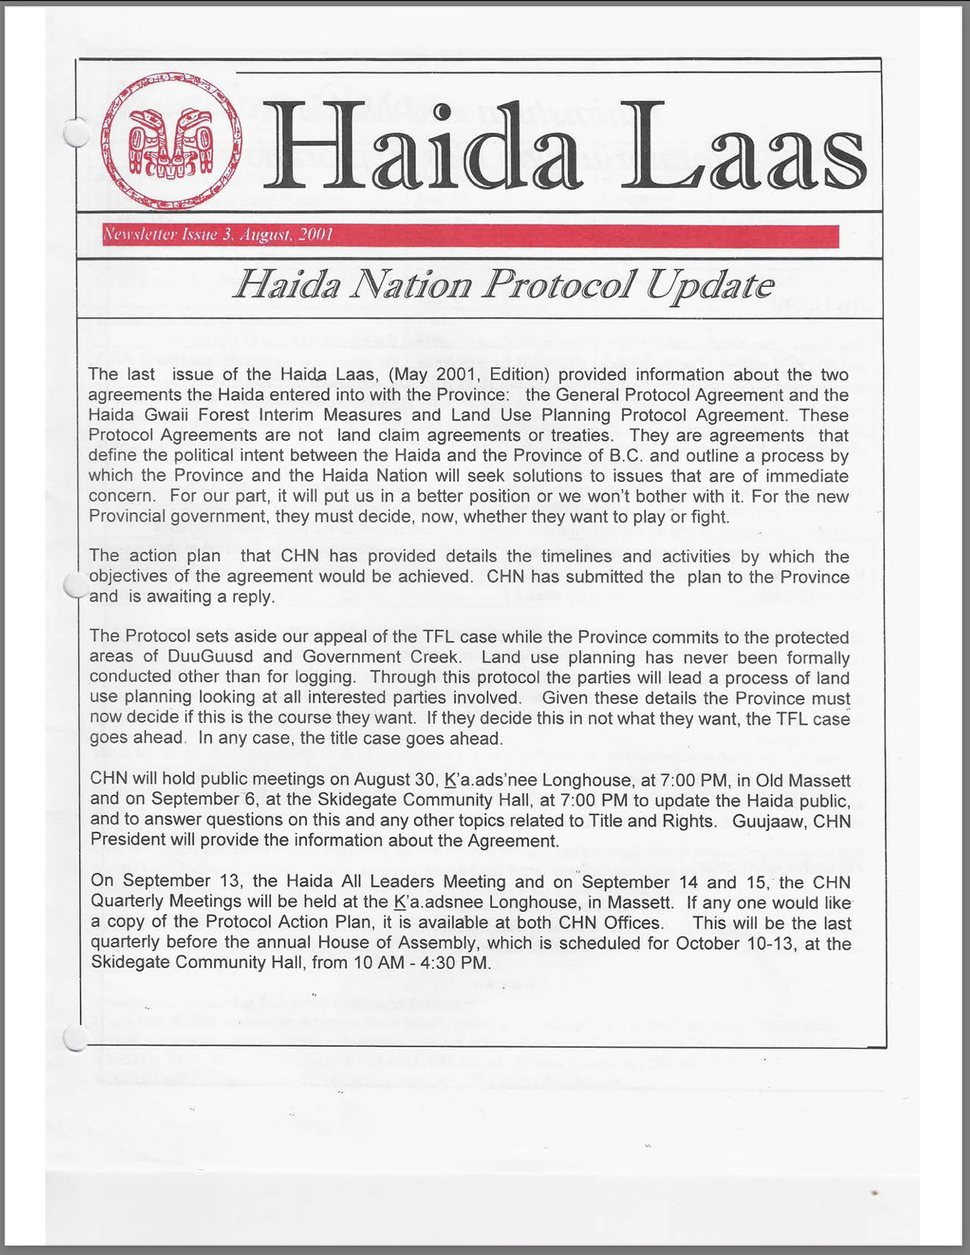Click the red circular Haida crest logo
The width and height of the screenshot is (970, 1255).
[x=172, y=142]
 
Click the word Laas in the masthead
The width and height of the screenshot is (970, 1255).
[x=750, y=148]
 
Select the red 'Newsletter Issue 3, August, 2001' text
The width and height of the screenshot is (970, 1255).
[x=218, y=235]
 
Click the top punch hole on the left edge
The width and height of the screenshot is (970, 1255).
[x=76, y=133]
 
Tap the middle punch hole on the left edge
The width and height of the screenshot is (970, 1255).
[x=76, y=584]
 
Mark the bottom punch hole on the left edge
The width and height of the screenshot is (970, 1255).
[x=76, y=1037]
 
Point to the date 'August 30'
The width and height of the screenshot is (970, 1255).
[x=396, y=780]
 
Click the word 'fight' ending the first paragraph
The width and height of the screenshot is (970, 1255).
[x=708, y=517]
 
